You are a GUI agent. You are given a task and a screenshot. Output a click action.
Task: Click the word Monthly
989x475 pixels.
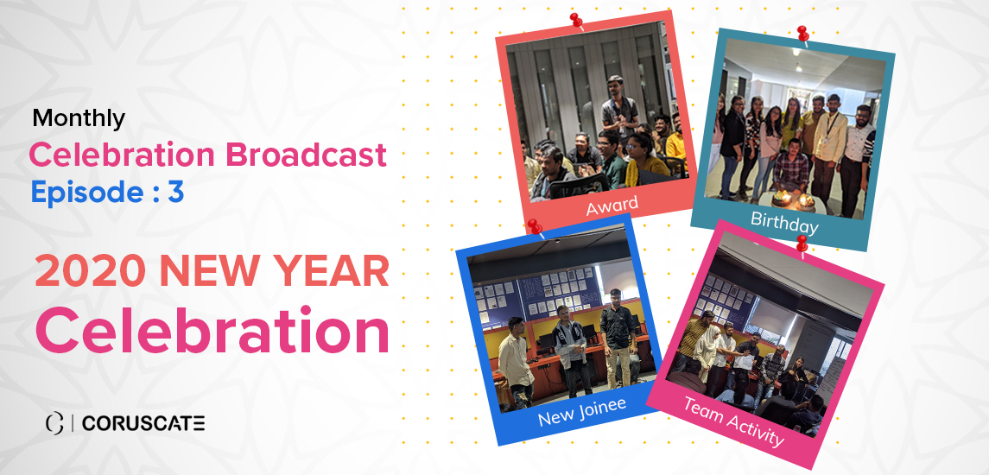(x=79, y=118)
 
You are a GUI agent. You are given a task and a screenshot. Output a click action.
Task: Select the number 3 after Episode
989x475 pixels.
(x=175, y=192)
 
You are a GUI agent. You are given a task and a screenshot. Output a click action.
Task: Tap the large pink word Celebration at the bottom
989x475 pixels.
(x=212, y=331)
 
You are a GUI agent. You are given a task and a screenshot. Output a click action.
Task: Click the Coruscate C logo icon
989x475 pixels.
(x=55, y=424)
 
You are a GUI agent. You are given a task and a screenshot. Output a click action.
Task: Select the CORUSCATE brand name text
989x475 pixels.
(x=143, y=424)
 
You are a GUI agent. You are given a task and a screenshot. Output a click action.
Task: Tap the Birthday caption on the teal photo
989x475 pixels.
(x=784, y=224)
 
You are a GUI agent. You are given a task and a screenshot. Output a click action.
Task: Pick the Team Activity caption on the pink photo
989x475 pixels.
(x=733, y=421)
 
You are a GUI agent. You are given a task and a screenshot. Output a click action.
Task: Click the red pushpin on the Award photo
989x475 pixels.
(x=576, y=21)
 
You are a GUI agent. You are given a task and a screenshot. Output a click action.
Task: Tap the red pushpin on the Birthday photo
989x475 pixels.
(x=803, y=34)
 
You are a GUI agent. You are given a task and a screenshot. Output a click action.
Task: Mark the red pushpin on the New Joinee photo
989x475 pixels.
(x=535, y=226)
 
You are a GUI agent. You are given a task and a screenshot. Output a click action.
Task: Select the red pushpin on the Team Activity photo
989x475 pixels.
(x=802, y=243)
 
